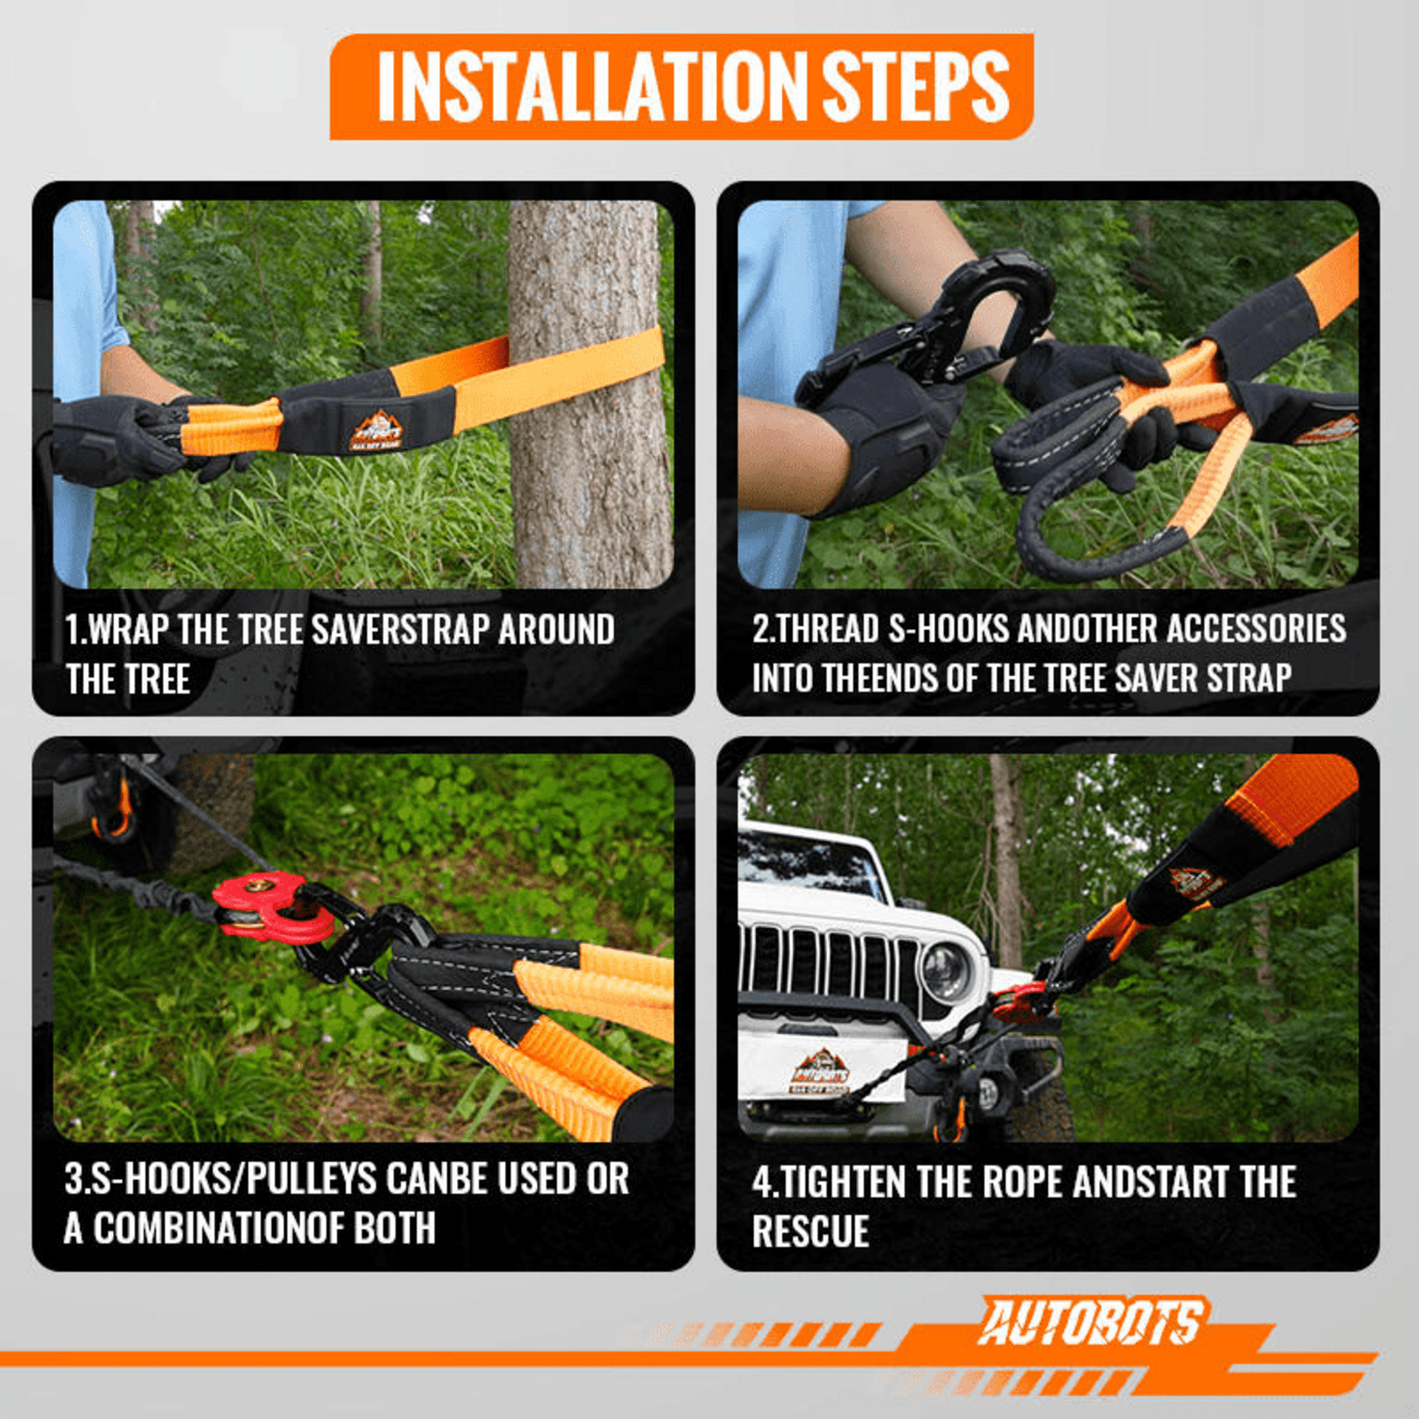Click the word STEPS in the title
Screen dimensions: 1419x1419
tap(915, 86)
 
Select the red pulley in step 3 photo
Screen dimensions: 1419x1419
tap(272, 906)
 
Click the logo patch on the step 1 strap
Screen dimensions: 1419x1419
tap(377, 431)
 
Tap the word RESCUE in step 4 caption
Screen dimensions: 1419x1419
tap(811, 1231)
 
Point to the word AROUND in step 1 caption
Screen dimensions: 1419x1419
tap(557, 630)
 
